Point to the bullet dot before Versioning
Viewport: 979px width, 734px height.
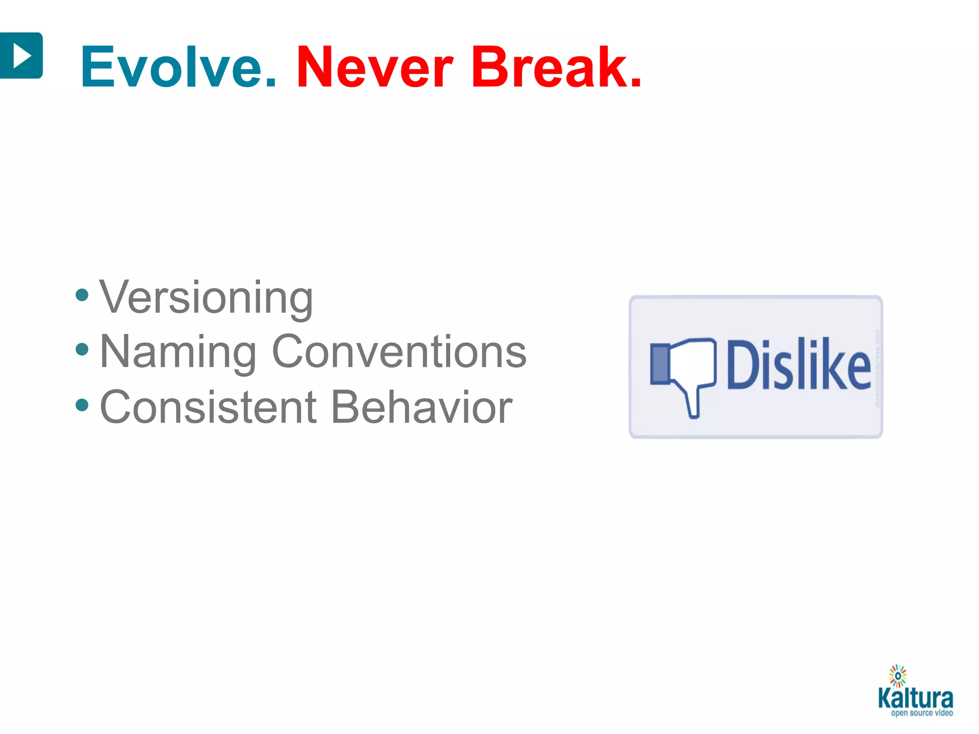82,295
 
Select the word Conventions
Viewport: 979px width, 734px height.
399,352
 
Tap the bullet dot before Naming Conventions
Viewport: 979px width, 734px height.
82,349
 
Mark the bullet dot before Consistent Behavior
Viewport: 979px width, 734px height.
82,405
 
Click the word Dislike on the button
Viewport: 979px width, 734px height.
798,365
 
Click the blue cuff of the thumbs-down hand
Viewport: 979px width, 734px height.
660,365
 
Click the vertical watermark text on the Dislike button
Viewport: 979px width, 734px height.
877,368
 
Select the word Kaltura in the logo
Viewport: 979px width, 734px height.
915,699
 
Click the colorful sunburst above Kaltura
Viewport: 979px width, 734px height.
898,676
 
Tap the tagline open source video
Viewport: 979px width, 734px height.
922,713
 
